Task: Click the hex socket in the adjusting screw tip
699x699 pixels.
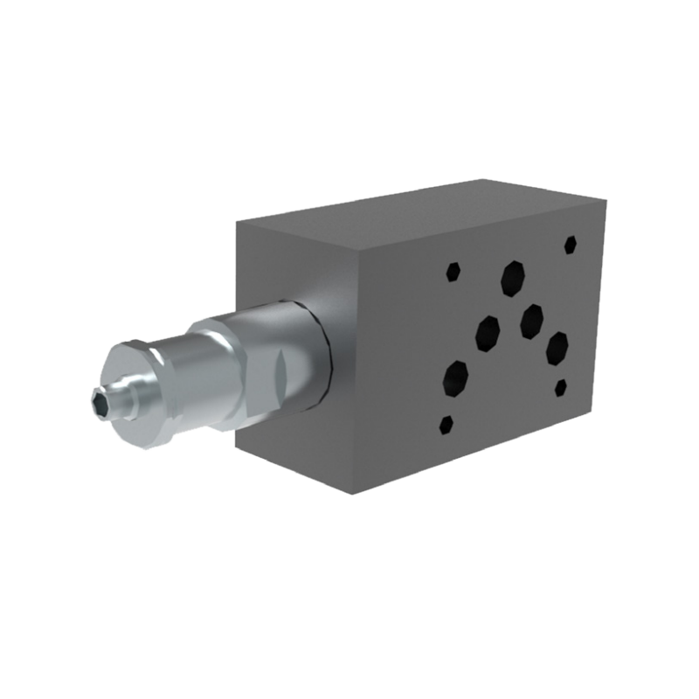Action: pyautogui.click(x=100, y=401)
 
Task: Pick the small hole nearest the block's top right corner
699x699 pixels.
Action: pyautogui.click(x=571, y=244)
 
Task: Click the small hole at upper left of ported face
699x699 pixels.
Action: pyautogui.click(x=453, y=272)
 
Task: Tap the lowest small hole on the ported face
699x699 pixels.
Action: pyautogui.click(x=446, y=425)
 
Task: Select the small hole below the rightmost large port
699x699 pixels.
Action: pyautogui.click(x=561, y=387)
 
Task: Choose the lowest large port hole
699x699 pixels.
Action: pyautogui.click(x=455, y=377)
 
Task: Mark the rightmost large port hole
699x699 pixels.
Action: pyautogui.click(x=557, y=348)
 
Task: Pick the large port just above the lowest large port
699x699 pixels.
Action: pyautogui.click(x=488, y=333)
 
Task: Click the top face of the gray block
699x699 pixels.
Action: pyautogui.click(x=419, y=210)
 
